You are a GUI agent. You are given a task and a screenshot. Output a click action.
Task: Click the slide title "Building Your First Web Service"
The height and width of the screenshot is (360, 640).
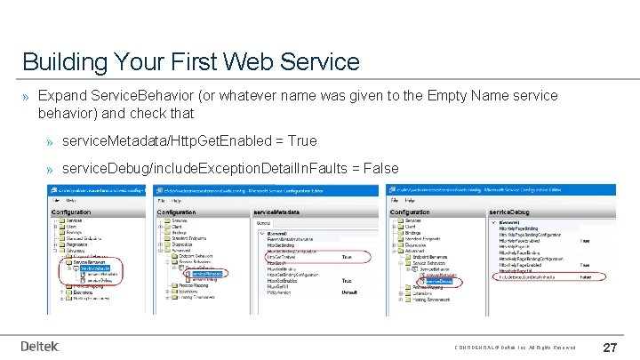190,61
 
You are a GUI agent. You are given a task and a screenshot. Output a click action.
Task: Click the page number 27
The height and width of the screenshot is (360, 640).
611,347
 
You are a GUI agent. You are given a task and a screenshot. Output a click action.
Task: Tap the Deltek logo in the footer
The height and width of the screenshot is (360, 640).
40,346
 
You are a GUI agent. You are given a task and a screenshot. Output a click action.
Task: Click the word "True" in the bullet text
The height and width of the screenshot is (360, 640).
301,140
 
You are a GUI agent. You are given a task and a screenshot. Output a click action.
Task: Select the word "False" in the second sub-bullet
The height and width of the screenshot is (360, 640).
380,168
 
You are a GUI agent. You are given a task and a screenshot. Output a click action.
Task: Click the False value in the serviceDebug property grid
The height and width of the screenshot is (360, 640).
587,277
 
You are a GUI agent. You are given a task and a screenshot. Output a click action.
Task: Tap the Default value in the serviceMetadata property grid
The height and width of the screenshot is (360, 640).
349,292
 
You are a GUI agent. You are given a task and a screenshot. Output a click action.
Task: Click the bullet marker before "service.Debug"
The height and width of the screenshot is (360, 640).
52,169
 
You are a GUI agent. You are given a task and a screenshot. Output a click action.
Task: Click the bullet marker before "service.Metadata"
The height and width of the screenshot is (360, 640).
52,141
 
